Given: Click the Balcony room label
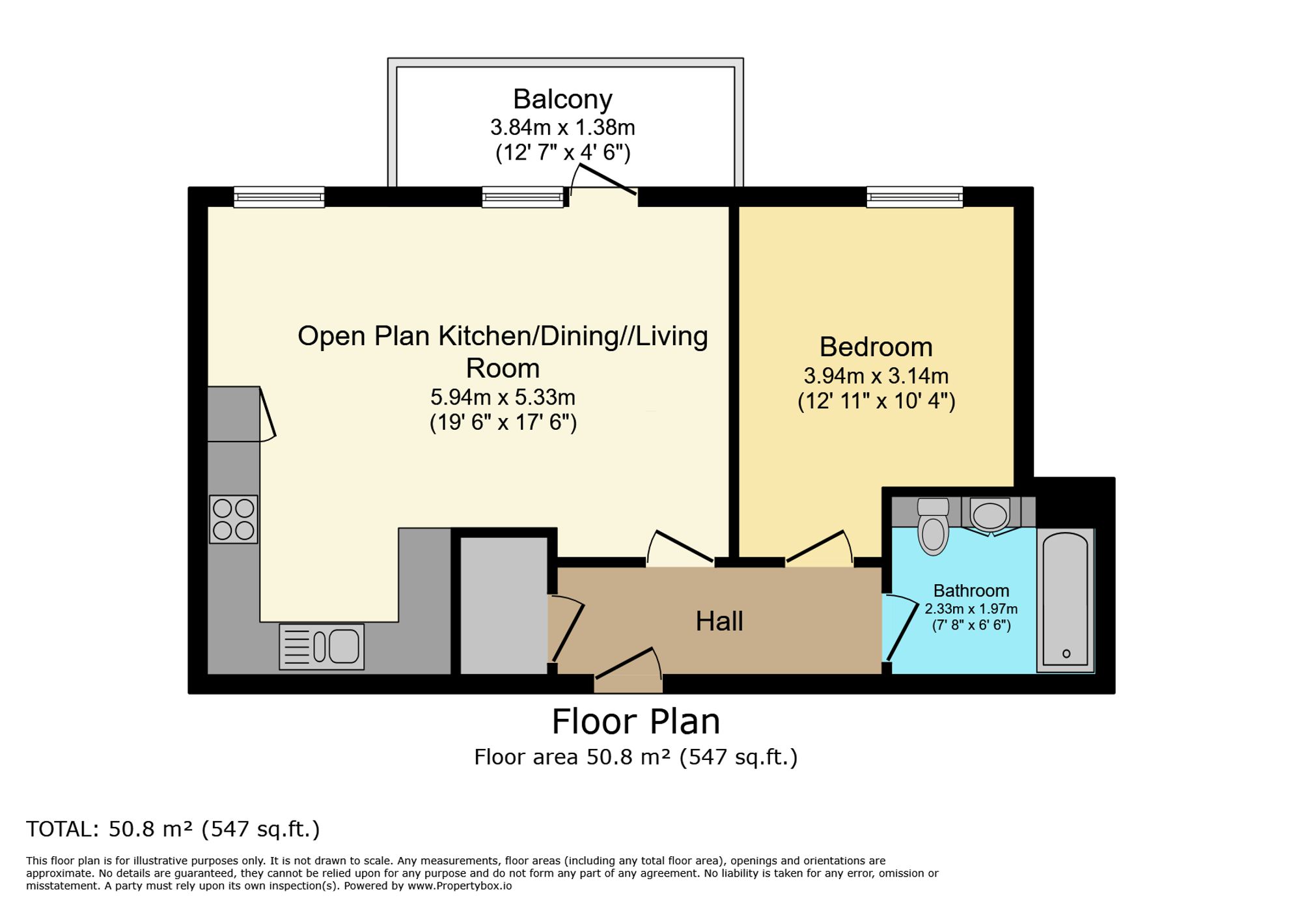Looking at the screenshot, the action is pyautogui.click(x=562, y=99).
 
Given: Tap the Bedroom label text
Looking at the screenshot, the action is pyautogui.click(x=876, y=346).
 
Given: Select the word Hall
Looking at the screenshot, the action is pyautogui.click(x=719, y=621).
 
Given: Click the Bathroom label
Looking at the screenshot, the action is pyautogui.click(x=971, y=591).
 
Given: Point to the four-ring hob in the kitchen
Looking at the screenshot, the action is pyautogui.click(x=234, y=520).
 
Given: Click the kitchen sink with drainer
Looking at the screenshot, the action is pyautogui.click(x=322, y=647).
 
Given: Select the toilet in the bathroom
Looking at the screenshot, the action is pyautogui.click(x=933, y=526).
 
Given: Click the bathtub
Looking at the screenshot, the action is pyautogui.click(x=1066, y=600).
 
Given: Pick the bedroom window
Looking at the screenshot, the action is pyautogui.click(x=915, y=197).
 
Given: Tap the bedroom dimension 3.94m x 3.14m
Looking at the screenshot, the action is pyautogui.click(x=876, y=376).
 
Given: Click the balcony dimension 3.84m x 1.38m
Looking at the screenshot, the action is pyautogui.click(x=562, y=127).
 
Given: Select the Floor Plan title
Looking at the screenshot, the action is pyautogui.click(x=636, y=722).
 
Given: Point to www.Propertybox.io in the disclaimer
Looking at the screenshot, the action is pyautogui.click(x=460, y=886).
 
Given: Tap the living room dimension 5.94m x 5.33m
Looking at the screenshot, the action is pyautogui.click(x=503, y=397).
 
